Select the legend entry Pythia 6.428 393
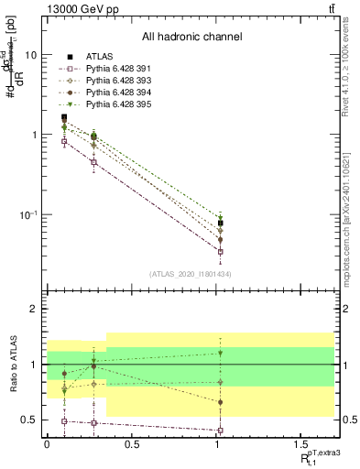[x=114, y=82]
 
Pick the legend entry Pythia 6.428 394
[x=114, y=93]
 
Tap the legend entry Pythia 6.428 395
[x=114, y=105]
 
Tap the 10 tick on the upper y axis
[x=30, y=55]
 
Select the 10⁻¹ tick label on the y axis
[x=27, y=214]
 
